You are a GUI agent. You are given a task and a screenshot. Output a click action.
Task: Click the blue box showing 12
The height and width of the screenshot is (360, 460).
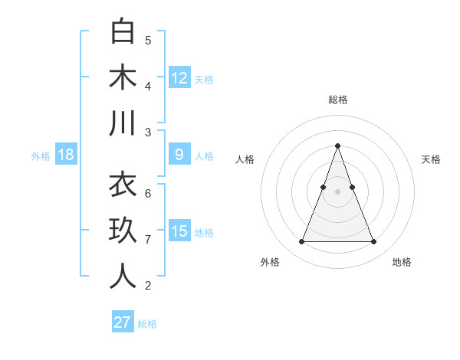coord(179,78)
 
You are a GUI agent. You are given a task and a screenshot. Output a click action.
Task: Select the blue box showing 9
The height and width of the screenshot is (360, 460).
coord(179,155)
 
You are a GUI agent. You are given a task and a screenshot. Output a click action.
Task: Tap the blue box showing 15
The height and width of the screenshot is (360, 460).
coord(179,231)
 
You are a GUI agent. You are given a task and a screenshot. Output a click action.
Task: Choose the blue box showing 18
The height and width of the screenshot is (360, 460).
coord(66,155)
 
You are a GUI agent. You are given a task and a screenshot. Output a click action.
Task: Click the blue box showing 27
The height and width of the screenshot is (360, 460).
coord(123,322)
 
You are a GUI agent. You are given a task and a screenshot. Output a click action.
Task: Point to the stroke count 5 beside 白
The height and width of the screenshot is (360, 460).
coord(148,41)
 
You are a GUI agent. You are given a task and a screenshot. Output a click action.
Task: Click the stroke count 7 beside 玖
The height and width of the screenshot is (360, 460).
coord(148,240)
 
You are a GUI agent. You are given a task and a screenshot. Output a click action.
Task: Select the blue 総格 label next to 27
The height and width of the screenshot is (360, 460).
coord(147,324)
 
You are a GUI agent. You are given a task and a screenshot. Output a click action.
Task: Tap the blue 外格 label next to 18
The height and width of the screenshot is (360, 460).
coord(41,156)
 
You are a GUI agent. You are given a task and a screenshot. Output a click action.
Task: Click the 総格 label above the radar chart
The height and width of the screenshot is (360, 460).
coord(337,100)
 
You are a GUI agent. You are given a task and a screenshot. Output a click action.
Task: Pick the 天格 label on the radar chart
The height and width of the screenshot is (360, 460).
coord(431,159)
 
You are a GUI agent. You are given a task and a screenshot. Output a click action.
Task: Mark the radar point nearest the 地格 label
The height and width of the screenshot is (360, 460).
coord(373,242)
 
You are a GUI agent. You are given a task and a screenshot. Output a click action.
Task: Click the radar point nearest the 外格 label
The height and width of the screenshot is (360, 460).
coord(301,242)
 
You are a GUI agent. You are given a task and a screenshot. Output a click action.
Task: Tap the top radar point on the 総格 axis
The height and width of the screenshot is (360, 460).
coord(337,146)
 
